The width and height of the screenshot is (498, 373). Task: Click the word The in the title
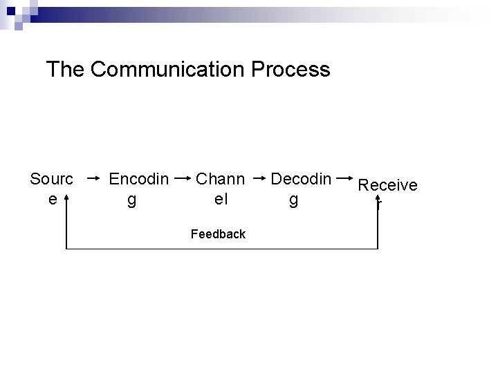(x=65, y=70)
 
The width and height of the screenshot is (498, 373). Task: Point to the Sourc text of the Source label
(x=51, y=180)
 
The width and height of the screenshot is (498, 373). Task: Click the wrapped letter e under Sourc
(x=52, y=199)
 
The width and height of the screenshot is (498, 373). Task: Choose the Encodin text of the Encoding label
(x=139, y=180)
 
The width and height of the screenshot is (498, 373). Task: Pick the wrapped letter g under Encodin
(x=131, y=200)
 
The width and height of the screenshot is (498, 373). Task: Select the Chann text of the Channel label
(x=221, y=180)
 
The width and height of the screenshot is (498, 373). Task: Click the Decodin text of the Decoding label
(x=301, y=180)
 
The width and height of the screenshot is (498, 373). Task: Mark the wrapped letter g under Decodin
(x=293, y=200)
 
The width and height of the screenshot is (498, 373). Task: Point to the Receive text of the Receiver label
(x=387, y=185)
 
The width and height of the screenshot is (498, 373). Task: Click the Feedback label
(x=218, y=234)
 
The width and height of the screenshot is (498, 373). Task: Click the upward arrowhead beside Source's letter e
(x=66, y=198)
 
